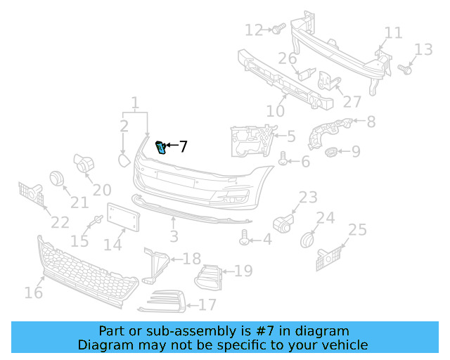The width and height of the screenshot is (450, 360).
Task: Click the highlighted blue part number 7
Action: coord(160,147)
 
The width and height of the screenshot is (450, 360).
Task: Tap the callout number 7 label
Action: coord(183,147)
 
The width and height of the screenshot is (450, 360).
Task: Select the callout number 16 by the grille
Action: coord(33,292)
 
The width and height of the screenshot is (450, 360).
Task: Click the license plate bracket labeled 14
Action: coord(123,218)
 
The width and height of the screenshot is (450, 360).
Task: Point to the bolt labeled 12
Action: coord(277,29)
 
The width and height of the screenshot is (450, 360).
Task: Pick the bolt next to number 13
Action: coord(405,69)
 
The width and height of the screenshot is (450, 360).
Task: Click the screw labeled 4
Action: coord(245,239)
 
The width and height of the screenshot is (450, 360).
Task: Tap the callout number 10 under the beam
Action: coord(275,111)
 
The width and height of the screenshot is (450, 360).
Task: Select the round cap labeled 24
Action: coord(307,240)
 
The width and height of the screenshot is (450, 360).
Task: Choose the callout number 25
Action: coord(357,230)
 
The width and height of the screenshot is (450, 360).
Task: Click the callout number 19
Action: coord(243,271)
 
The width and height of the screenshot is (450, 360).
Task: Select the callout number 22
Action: coord(59,222)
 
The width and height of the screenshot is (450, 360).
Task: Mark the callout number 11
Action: coord(393,33)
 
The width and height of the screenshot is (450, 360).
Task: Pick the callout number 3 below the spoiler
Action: coord(174,237)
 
